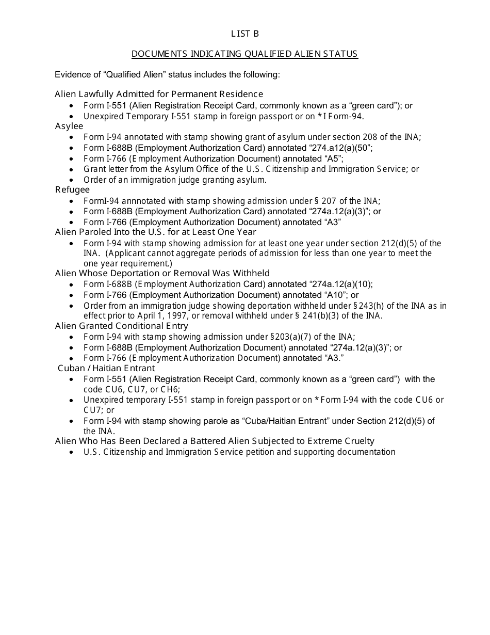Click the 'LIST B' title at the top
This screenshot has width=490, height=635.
(x=244, y=34)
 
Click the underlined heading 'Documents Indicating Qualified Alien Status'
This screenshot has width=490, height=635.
(x=244, y=54)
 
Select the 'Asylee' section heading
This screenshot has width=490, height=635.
(x=69, y=126)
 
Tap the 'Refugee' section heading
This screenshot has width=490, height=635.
(x=72, y=190)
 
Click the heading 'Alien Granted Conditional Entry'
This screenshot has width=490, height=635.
(x=122, y=326)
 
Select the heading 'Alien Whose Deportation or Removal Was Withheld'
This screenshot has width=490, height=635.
(x=162, y=273)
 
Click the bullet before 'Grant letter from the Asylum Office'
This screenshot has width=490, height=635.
(x=71, y=169)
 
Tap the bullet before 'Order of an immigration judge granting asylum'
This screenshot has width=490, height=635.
(x=71, y=180)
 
